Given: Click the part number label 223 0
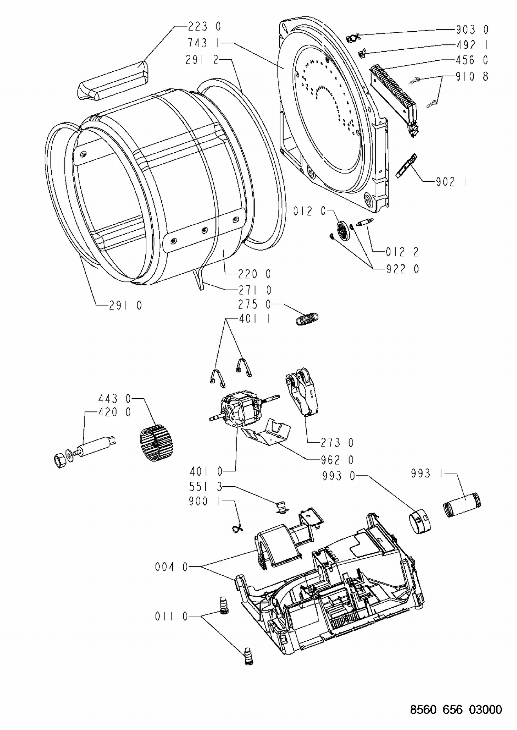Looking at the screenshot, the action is (x=204, y=27).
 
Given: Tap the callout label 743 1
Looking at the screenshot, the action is (x=204, y=43).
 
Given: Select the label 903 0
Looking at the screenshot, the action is (x=472, y=30).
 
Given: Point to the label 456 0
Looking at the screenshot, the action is (x=472, y=60).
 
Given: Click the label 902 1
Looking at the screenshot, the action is (x=452, y=182).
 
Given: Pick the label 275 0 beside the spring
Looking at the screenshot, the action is (x=254, y=304).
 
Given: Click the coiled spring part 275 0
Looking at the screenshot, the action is (x=307, y=318).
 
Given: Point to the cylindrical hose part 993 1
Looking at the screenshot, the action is (x=462, y=505).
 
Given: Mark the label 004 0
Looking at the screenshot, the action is (x=171, y=567).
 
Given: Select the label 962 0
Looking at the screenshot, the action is (x=337, y=460).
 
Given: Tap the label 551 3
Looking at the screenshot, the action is (x=206, y=487).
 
